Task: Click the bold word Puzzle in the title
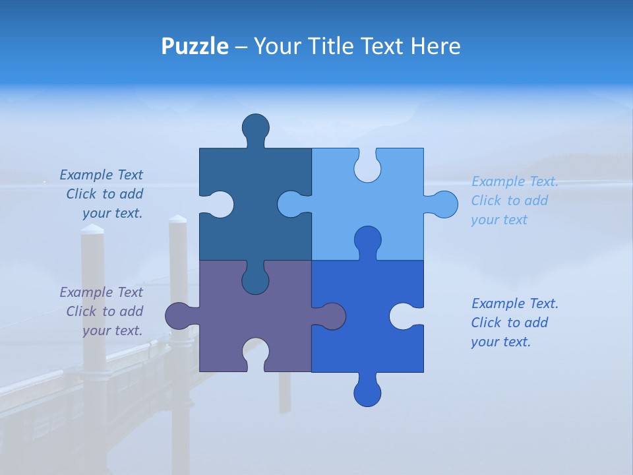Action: coord(195,46)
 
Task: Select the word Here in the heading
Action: coord(435,46)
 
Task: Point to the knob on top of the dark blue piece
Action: coord(256,127)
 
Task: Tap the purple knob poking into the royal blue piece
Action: coord(330,316)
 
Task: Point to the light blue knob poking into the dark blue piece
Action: coord(292,204)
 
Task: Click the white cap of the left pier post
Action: coord(92,230)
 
